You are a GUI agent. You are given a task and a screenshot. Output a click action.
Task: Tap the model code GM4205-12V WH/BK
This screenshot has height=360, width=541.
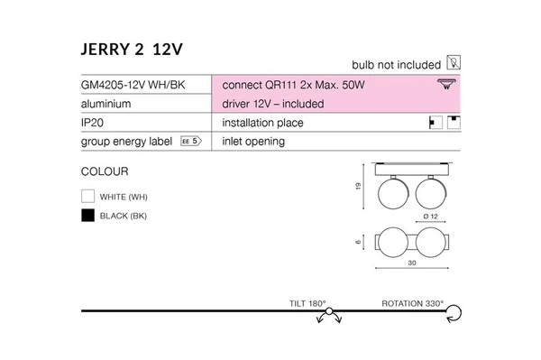133,85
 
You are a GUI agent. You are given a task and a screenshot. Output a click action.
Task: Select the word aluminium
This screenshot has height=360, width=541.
106,104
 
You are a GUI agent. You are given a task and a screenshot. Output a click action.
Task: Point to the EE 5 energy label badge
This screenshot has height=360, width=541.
189,142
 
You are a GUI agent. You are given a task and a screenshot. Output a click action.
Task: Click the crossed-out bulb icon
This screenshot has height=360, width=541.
454,64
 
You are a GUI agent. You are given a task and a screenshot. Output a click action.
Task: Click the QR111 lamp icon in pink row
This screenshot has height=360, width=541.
445,85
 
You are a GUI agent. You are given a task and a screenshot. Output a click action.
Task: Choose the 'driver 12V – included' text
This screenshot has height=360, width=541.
272,104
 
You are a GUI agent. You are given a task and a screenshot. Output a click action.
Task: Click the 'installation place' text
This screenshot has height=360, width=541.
262,123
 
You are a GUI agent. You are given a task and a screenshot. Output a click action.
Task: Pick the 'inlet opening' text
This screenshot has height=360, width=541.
252,142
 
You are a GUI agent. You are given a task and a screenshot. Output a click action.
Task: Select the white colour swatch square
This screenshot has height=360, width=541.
87,196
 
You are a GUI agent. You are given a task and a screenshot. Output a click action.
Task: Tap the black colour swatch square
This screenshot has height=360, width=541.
87,216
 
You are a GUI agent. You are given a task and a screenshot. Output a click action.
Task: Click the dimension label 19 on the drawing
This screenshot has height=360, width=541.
360,188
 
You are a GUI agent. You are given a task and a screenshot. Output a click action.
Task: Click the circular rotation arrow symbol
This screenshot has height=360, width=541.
454,313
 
